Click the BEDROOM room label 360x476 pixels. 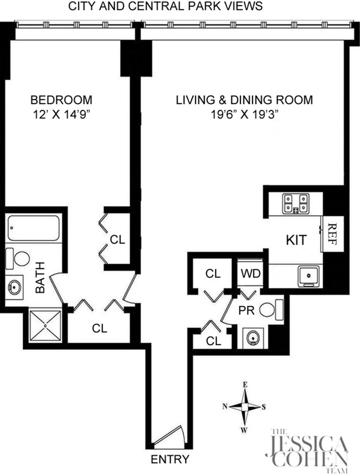pos(61,100)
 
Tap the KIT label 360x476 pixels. pos(296,240)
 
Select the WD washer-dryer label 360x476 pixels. pos(250,274)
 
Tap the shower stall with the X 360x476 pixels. pos(45,326)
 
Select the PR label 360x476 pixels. pos(246,310)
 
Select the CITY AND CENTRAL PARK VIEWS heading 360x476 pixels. pos(165,6)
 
